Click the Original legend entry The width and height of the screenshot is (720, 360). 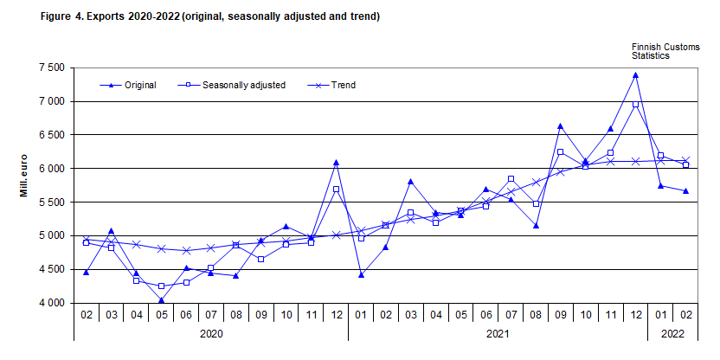139,85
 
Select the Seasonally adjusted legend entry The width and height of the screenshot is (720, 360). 242,85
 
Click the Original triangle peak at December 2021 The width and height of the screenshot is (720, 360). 636,75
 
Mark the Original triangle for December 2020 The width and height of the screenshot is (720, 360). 336,163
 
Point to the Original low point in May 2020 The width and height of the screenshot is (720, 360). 161,300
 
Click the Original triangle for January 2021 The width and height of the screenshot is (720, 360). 361,275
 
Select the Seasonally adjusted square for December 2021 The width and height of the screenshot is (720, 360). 636,105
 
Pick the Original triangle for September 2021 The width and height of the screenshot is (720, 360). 561,126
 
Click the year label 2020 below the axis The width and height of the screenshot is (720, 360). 211,332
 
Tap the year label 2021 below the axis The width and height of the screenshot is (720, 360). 498,332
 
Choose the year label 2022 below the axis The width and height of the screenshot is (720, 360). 673,332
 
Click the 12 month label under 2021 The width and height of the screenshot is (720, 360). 636,314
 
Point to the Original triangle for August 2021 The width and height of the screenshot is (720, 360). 536,226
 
